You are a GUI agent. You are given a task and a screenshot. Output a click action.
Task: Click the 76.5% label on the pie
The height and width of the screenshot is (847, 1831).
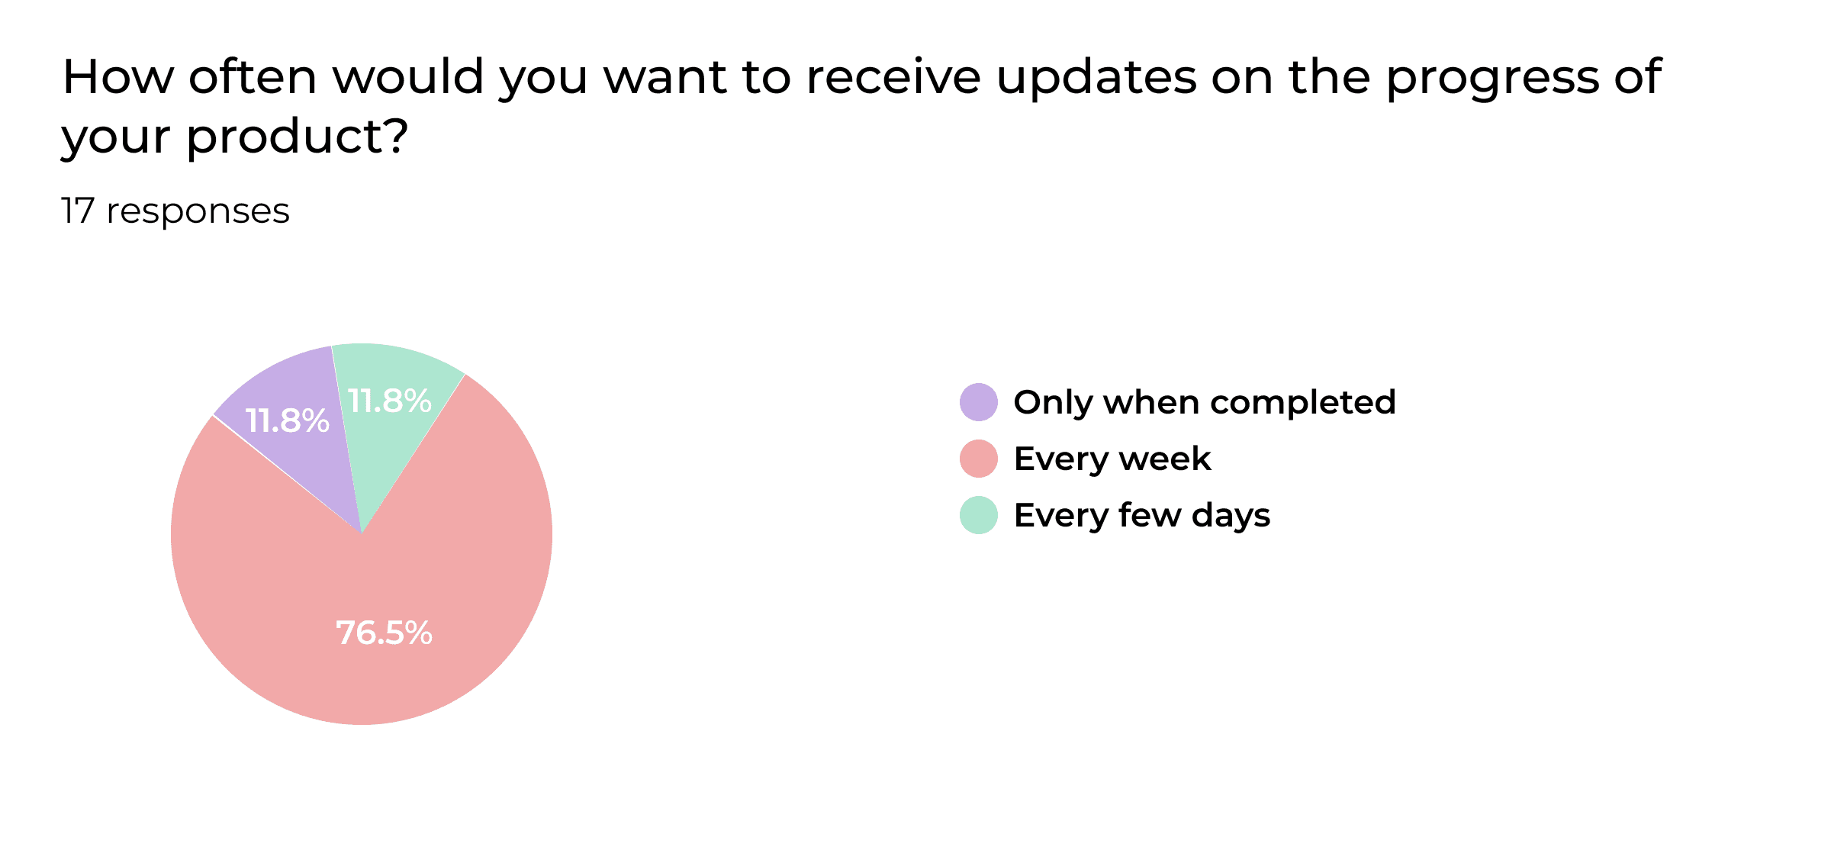pos(384,633)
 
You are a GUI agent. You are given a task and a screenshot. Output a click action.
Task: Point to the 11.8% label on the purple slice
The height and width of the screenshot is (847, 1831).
pos(287,421)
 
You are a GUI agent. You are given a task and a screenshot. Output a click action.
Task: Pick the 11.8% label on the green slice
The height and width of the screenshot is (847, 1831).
pos(389,401)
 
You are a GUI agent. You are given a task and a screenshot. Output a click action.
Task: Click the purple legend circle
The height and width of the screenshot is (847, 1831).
pos(978,402)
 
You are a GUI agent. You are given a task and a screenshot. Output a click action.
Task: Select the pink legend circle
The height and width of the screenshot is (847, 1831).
pos(978,459)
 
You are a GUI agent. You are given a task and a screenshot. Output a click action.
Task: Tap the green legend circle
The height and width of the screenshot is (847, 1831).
pos(978,515)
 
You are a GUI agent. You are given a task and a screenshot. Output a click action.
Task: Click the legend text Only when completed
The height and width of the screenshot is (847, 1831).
pos(1204,402)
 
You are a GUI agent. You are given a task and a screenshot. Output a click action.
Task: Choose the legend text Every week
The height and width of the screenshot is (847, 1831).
pos(1112,459)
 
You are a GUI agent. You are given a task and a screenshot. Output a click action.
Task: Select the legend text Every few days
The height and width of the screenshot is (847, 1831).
pos(1141,515)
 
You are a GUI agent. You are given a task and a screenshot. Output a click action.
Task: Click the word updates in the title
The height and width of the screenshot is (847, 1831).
pos(1096,77)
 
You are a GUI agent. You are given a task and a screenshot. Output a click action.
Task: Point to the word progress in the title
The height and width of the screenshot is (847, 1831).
pos(1492,79)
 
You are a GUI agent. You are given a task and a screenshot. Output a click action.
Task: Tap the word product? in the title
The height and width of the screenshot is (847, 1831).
pos(297,137)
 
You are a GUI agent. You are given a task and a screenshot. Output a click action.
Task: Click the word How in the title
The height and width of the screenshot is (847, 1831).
pos(118,77)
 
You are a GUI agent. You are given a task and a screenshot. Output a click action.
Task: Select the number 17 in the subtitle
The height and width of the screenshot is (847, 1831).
pos(77,211)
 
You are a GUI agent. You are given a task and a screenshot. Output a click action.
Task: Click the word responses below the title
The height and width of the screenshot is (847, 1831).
pos(198,211)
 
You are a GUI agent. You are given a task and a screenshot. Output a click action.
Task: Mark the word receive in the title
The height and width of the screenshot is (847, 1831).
pos(893,77)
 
